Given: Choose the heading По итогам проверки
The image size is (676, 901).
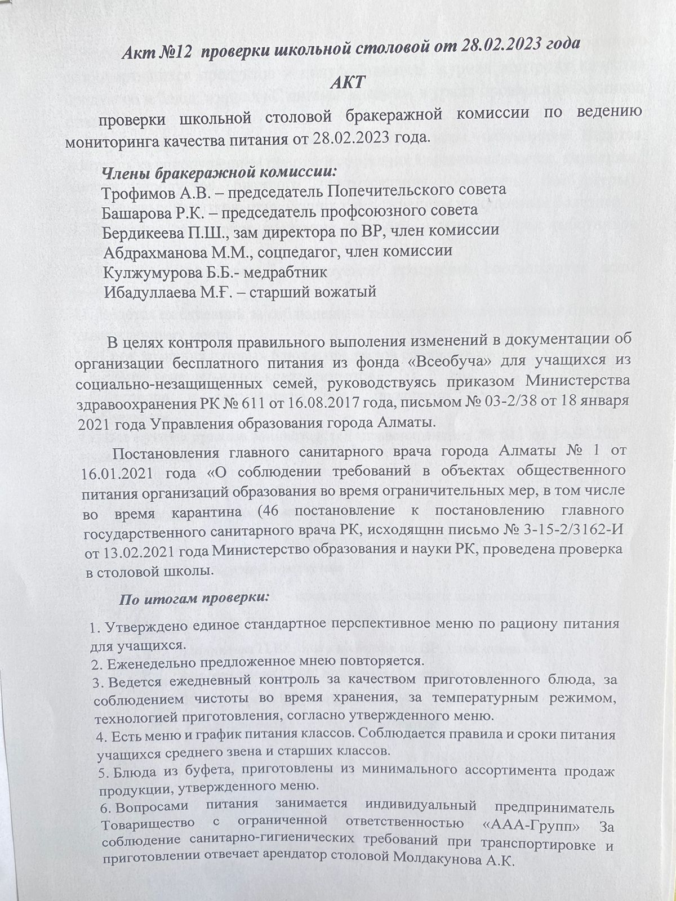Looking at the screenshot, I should coord(195,599).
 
